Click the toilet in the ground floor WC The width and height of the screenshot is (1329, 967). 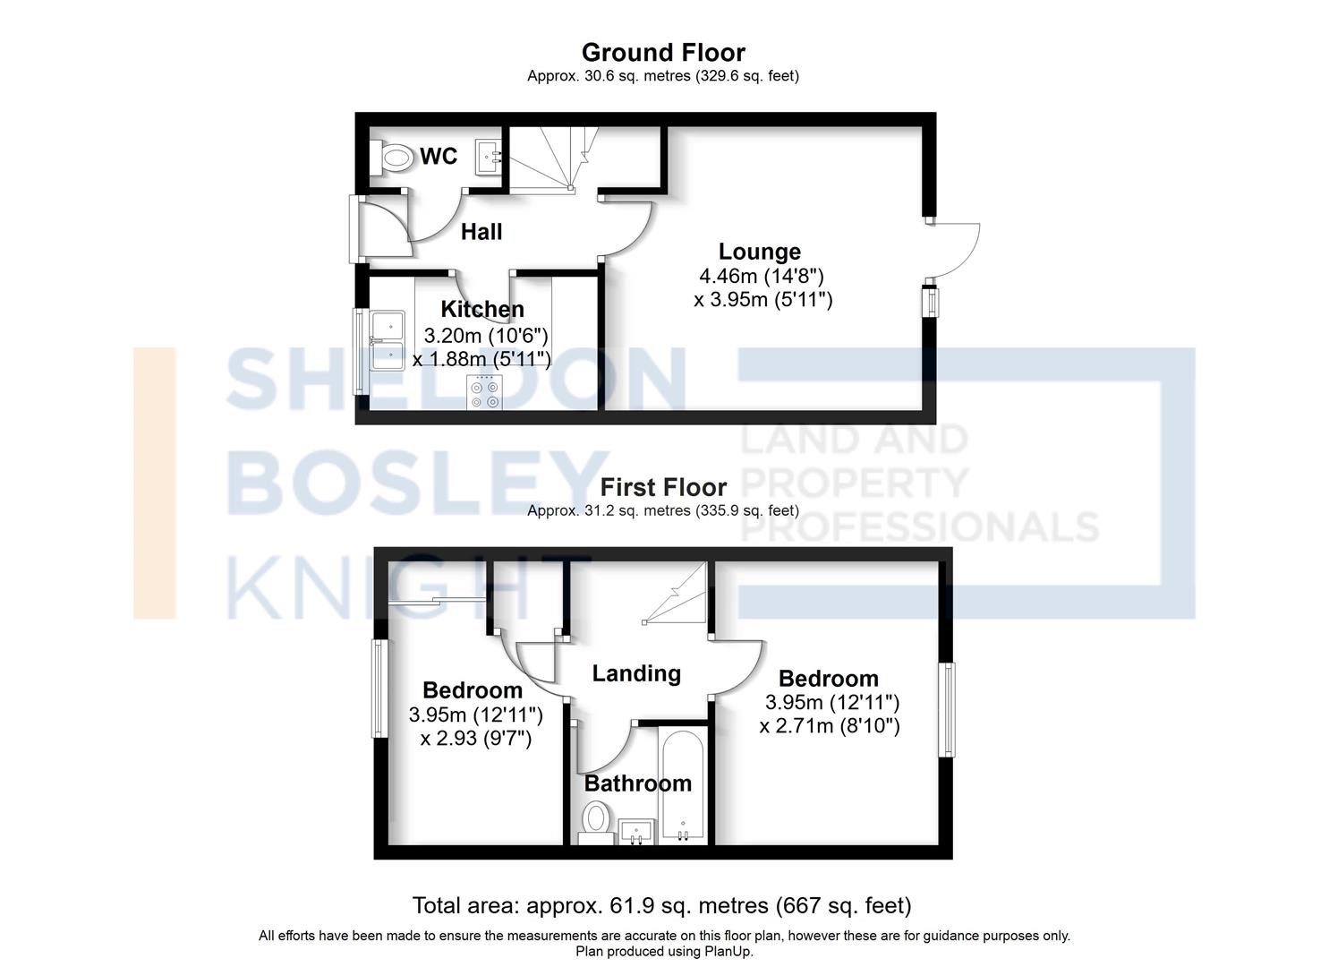tap(391, 158)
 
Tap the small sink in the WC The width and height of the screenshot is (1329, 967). tap(488, 158)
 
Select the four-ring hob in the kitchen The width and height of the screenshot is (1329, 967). tap(484, 393)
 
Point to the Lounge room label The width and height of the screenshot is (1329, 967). tap(759, 252)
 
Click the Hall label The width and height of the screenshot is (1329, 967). tap(481, 232)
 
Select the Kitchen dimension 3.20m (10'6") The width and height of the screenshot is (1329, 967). tap(485, 336)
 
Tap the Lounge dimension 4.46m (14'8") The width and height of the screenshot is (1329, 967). tap(761, 276)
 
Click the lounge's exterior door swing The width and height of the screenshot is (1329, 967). tap(955, 251)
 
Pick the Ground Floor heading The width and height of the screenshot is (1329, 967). tap(663, 53)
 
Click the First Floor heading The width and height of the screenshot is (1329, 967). tap(663, 487)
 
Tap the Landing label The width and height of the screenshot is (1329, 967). tap(636, 673)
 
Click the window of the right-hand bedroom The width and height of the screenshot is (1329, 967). tap(946, 710)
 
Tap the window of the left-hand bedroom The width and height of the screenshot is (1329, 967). tap(379, 689)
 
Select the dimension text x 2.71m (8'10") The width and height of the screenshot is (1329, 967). tap(830, 725)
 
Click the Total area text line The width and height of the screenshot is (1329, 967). tap(661, 905)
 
